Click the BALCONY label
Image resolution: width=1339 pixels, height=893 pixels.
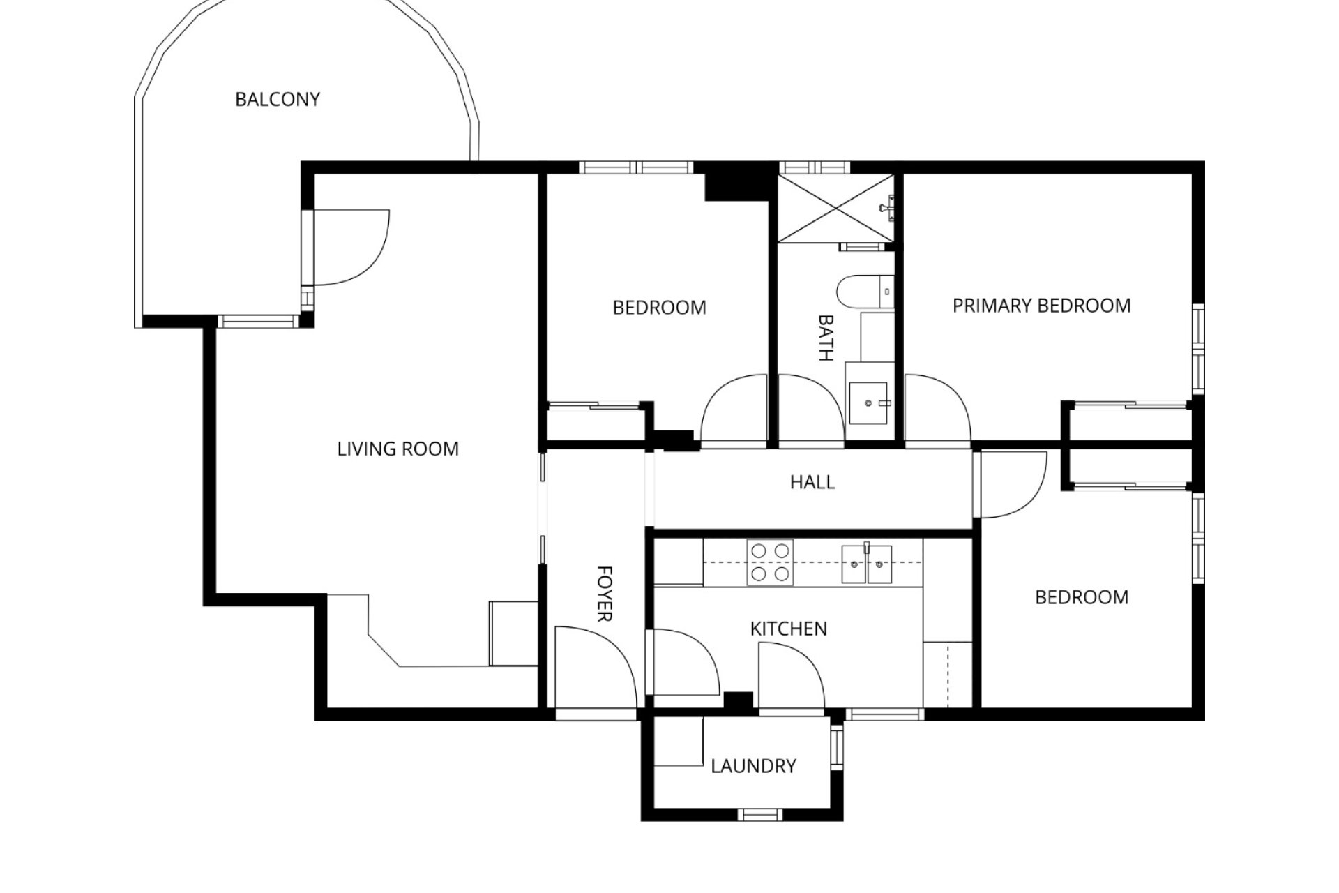point(277,100)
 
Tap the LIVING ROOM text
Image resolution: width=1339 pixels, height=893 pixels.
point(398,449)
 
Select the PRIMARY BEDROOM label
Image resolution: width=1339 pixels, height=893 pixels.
point(1041,306)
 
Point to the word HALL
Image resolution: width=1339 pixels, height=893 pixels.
point(812,482)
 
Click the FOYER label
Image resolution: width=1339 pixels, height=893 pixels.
point(604,593)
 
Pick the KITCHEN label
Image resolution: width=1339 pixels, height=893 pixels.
point(788,629)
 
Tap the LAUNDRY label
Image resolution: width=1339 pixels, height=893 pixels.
point(753,766)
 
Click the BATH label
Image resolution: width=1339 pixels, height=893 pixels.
point(825,338)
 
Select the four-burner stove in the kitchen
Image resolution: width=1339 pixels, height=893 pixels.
point(771,562)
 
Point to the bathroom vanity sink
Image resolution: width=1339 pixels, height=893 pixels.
point(868,403)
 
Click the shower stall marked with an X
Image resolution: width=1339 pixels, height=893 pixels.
point(835,209)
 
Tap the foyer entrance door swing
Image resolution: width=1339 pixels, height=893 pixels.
point(593,666)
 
